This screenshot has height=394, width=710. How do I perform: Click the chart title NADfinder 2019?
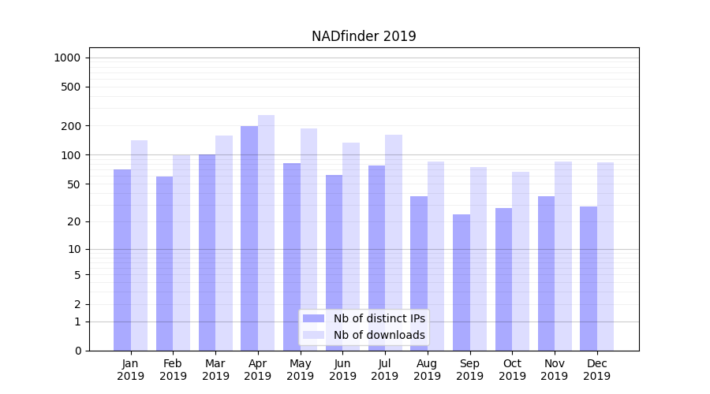[364, 36]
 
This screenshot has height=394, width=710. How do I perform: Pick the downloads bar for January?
[139, 245]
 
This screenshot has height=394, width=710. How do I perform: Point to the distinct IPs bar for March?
[207, 252]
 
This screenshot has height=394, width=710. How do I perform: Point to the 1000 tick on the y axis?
[67, 58]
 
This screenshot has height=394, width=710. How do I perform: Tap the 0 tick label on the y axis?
[77, 351]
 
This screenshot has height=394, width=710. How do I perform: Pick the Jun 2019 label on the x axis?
[342, 370]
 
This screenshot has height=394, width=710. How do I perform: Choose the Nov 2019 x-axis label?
[555, 370]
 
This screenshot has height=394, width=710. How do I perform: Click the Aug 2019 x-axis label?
[428, 370]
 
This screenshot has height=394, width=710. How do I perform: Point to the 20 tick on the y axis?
[74, 221]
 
